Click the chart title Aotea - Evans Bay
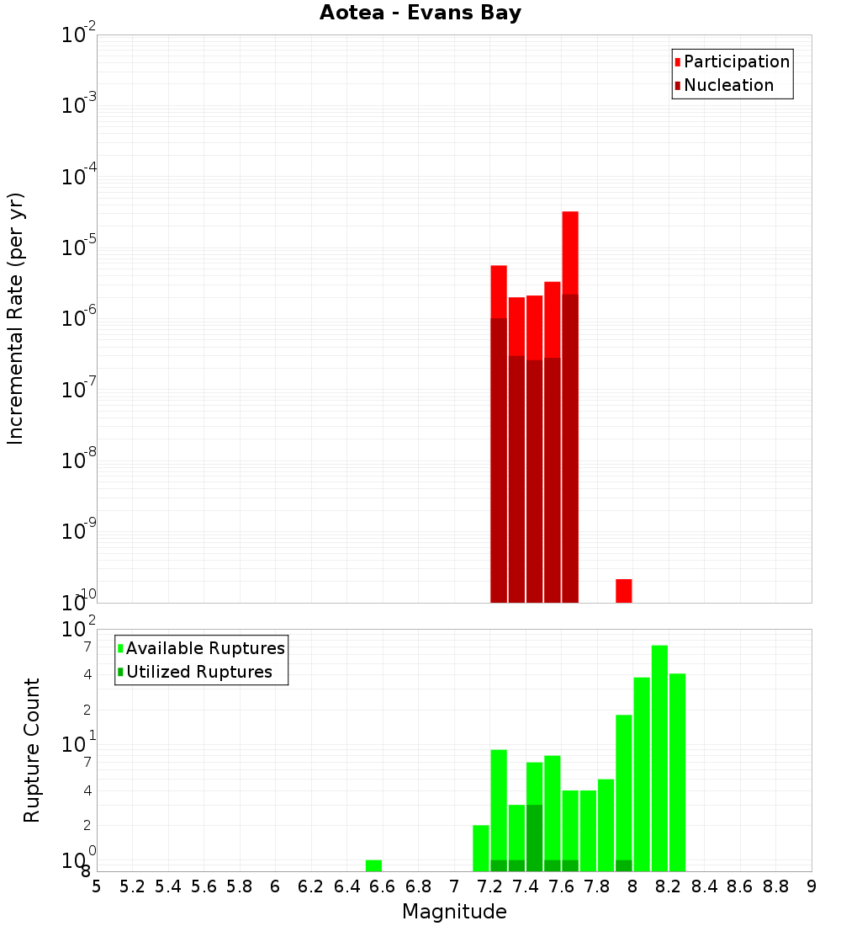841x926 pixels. tap(420, 13)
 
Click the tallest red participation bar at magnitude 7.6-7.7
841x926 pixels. tap(570, 253)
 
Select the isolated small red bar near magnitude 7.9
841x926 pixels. tap(623, 590)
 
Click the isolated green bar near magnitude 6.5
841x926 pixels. tap(373, 865)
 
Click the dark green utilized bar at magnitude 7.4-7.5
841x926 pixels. tap(534, 838)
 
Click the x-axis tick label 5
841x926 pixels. tap(97, 886)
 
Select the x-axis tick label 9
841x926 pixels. tap(812, 886)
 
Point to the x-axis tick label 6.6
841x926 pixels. tap(382, 886)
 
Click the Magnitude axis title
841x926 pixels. tap(454, 912)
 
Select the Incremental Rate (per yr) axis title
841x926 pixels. tap(16, 318)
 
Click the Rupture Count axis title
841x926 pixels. tap(32, 750)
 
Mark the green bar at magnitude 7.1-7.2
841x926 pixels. tap(481, 848)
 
